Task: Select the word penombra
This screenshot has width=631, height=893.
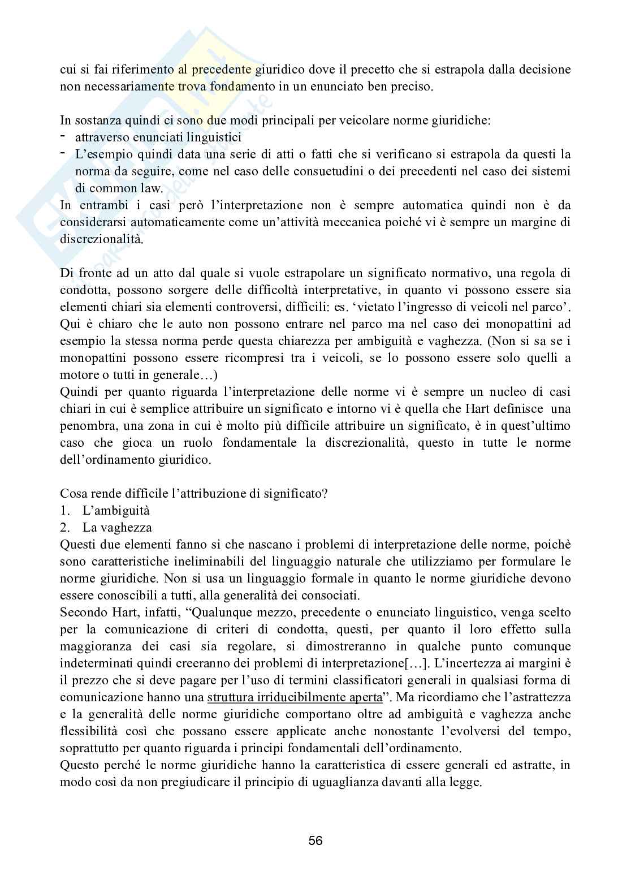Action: (x=85, y=425)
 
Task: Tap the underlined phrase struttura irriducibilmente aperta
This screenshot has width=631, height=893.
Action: (x=295, y=697)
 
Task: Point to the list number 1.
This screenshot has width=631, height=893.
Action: (x=65, y=510)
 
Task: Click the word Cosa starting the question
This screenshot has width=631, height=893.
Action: (x=73, y=493)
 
